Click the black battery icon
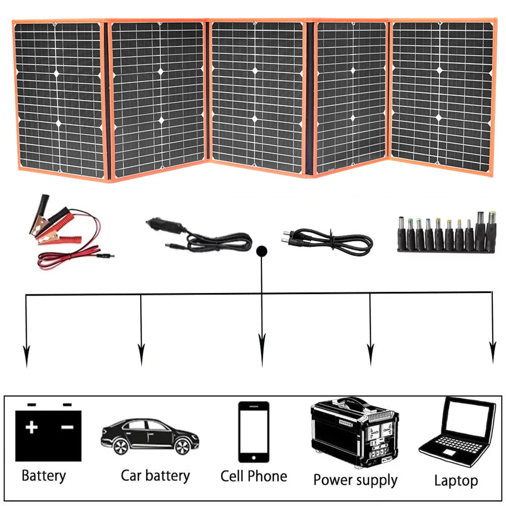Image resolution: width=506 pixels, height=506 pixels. [49, 435]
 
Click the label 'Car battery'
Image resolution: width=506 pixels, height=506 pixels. [155, 476]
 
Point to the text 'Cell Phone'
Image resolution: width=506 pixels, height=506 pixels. [254, 476]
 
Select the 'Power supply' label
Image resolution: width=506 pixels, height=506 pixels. [355, 480]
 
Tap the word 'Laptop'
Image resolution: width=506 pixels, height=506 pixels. [456, 480]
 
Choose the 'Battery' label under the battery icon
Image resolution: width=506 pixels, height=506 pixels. [44, 476]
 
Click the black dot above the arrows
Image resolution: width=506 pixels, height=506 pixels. [262, 251]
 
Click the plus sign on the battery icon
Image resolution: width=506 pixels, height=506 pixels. [32, 428]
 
